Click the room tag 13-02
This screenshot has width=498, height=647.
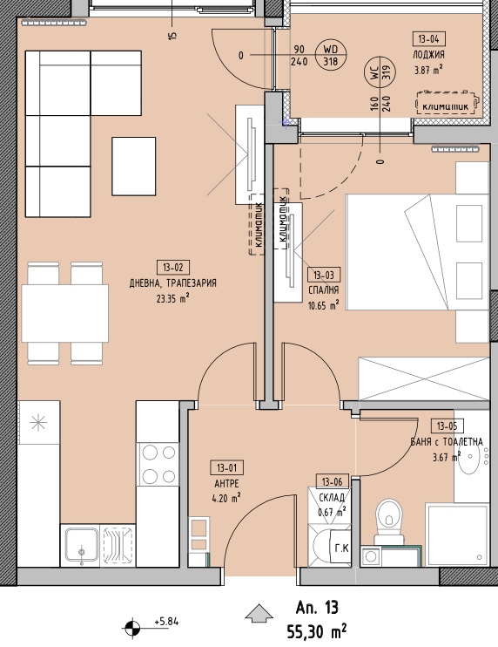coord(173,268)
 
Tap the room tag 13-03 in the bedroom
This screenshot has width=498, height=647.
coord(324,275)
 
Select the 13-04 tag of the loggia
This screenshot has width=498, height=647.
coord(429,39)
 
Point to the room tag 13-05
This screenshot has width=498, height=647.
coord(447,426)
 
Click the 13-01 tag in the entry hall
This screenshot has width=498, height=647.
coord(227,468)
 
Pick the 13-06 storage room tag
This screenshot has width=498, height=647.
coord(332,481)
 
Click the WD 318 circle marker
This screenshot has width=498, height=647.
coord(330,55)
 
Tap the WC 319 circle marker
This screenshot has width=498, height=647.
coord(380,72)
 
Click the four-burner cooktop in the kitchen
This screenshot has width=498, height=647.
coord(158,465)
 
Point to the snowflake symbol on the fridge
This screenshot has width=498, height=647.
coord(38,423)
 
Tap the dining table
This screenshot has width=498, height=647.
coord(65,314)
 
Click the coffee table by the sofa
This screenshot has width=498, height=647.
coord(134,167)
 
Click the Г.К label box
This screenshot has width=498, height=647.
coord(341,548)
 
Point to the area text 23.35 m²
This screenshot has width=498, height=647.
coord(173,298)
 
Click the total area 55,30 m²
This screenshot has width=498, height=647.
coord(317,631)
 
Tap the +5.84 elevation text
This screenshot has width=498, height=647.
coord(167,622)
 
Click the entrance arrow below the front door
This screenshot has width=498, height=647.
coord(259,613)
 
